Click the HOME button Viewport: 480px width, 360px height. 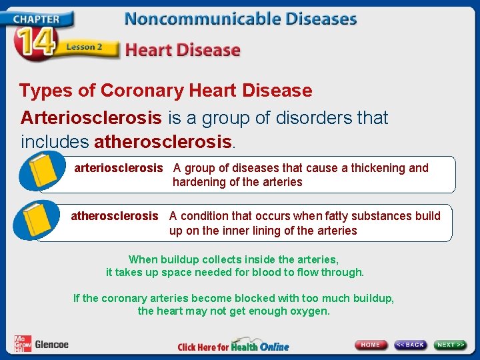(x=371, y=345)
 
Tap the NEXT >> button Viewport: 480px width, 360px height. (x=451, y=345)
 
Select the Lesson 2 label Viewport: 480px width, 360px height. (x=83, y=47)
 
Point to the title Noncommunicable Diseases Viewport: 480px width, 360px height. (x=241, y=19)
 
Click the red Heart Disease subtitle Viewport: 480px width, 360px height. (x=183, y=49)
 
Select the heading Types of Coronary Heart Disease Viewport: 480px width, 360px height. (x=165, y=90)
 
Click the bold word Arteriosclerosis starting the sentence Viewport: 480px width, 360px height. (x=91, y=118)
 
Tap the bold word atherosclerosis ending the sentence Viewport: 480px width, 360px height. (x=164, y=142)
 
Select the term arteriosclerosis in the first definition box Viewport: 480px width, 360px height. (x=118, y=168)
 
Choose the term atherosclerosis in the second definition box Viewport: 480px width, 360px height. (x=115, y=216)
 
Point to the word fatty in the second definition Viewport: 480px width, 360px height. (x=347, y=216)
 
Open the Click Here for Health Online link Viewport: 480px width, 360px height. (x=233, y=346)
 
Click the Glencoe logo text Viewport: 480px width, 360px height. (x=51, y=345)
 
